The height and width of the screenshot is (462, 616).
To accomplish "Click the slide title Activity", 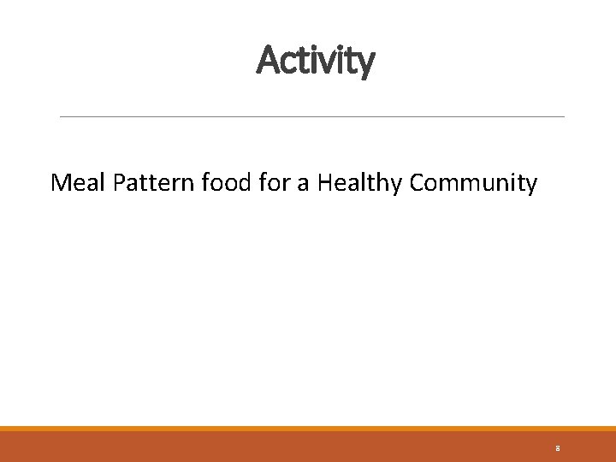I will click(x=315, y=61).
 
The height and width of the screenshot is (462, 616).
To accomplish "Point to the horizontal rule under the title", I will click(x=311, y=116).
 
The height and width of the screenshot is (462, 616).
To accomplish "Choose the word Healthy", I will click(x=360, y=183).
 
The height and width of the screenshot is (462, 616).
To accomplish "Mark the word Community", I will click(x=474, y=183).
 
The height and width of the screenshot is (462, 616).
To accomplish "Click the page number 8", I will click(x=557, y=448).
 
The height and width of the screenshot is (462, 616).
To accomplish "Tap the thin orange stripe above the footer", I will click(x=308, y=429).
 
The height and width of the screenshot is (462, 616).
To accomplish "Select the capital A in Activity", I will click(x=267, y=60).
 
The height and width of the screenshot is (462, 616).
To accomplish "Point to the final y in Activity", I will click(x=365, y=63).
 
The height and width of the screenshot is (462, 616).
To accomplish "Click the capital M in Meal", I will click(x=61, y=182).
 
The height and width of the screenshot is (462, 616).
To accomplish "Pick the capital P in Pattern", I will click(x=119, y=182).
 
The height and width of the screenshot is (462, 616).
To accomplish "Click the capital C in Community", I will click(x=419, y=182).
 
